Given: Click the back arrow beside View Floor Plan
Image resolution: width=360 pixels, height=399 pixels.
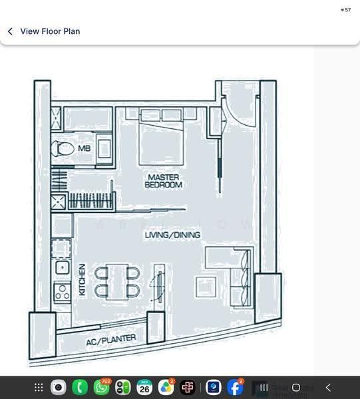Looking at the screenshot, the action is (10, 31).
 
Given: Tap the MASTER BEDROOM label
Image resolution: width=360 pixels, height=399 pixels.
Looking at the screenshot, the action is (164, 181).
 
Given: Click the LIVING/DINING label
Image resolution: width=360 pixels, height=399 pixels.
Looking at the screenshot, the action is (172, 235).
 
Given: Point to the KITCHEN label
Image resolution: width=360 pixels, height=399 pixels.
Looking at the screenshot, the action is (82, 279).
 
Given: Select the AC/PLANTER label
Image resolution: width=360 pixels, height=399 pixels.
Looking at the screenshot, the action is (111, 340).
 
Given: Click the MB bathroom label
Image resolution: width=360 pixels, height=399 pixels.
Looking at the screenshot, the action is (85, 148).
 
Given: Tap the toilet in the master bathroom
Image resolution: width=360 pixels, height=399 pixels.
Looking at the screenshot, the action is (63, 148).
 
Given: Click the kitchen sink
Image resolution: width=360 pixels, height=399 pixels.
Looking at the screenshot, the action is (62, 267).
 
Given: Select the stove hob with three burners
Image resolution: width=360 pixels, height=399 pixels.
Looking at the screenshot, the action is (63, 292).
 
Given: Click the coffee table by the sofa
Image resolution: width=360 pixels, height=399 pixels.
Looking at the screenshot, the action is (206, 287).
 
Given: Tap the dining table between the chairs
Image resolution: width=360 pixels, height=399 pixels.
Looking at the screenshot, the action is (117, 282).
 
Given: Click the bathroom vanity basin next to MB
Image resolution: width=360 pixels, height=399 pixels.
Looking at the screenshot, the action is (104, 149).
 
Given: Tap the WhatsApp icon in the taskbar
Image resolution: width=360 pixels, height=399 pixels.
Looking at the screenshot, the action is (102, 387).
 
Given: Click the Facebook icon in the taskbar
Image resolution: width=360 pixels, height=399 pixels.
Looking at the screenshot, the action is (235, 387).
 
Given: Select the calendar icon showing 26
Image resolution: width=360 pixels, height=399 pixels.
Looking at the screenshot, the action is (144, 387).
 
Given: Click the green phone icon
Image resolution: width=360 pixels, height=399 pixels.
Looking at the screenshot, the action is (80, 387).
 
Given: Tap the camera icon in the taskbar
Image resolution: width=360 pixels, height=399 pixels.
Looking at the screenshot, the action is (59, 387).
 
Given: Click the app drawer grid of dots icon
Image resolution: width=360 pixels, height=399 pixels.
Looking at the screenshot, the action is (39, 388).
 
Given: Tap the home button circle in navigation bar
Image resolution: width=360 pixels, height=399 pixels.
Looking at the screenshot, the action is (296, 388).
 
